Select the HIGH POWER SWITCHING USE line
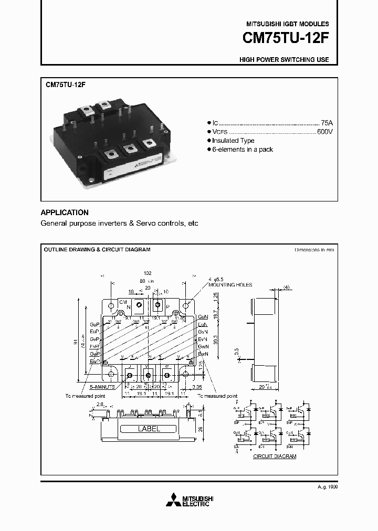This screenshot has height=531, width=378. click(x=284, y=59)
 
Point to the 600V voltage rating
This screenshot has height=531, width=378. click(x=324, y=131)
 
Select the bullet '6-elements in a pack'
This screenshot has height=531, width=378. click(x=243, y=150)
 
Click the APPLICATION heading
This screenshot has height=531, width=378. click(x=65, y=213)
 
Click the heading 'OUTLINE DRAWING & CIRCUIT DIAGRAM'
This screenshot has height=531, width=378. click(x=97, y=249)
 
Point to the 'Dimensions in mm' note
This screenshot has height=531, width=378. click(x=314, y=250)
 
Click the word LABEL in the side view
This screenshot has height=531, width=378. click(x=149, y=429)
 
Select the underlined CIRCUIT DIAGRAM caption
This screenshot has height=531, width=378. click(x=275, y=456)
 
